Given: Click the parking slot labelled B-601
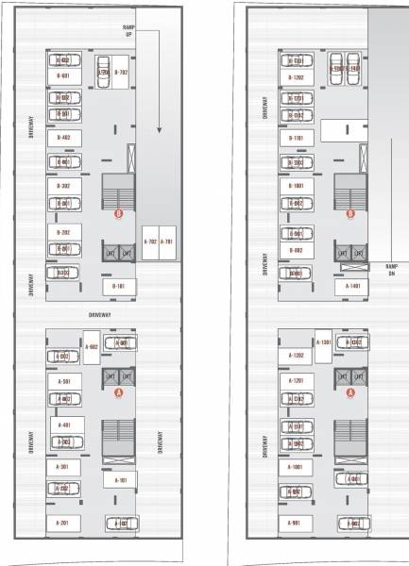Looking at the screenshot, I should point(63,76).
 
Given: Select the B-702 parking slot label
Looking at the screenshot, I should point(121,72).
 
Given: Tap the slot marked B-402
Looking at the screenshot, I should point(63,138).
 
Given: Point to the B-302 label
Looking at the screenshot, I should point(63,187).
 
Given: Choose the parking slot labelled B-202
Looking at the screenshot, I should point(63,232).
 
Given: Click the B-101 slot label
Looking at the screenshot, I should point(119,285).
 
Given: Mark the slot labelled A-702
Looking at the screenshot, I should point(150,242).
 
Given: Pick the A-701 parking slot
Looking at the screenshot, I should point(166,242).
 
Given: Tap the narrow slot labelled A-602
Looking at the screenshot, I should point(92,346).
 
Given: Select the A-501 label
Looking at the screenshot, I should point(63,381).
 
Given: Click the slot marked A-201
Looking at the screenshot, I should point(63,522).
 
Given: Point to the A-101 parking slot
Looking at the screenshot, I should point(121,480).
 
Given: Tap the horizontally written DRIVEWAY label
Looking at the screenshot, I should point(101,312).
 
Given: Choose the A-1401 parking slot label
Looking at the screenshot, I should point(352,285).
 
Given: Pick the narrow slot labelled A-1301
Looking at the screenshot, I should point(323,342).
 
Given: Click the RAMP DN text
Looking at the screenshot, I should point(391,268).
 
